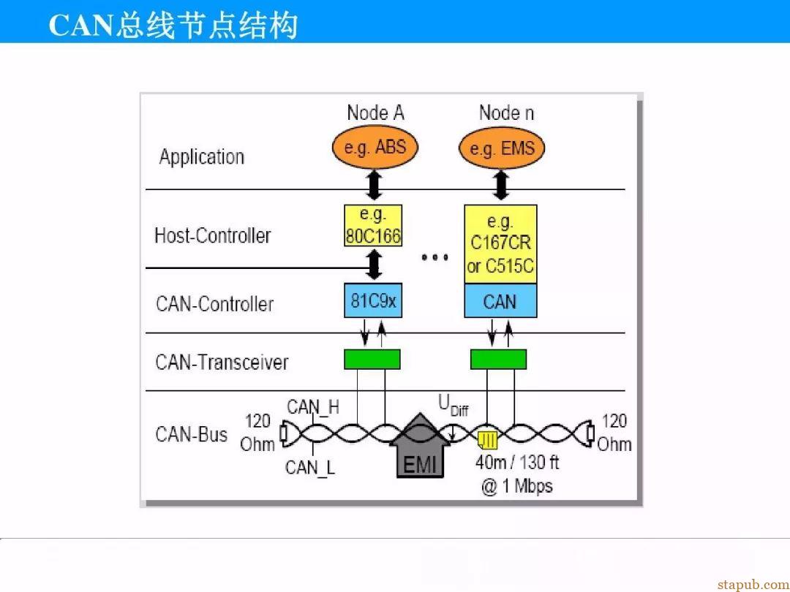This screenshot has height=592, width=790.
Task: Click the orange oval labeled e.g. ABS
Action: [375, 147]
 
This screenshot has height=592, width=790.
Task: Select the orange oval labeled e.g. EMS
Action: [502, 148]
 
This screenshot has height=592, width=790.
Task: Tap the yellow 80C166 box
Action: [373, 225]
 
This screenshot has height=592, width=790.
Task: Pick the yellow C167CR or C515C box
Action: [500, 244]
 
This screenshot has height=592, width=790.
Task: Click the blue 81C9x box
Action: [373, 300]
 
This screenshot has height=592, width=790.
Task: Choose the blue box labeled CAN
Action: [500, 301]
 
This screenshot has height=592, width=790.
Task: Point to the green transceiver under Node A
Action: [372, 360]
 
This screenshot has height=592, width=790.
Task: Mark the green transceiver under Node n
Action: [498, 360]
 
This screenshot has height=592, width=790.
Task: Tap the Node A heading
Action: [375, 113]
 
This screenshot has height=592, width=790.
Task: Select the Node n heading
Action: [506, 113]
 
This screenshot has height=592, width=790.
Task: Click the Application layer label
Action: [202, 157]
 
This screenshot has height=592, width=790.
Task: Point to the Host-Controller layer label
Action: [212, 235]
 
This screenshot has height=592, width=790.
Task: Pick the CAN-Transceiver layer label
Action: [222, 362]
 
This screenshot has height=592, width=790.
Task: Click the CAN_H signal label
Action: [313, 407]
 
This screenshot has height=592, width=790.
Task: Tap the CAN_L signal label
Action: [310, 468]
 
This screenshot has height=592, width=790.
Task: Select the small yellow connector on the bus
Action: [488, 441]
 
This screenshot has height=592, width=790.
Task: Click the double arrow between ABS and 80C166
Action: [373, 185]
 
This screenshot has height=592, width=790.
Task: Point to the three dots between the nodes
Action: [434, 257]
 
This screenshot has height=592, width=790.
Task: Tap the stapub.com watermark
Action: [753, 585]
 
